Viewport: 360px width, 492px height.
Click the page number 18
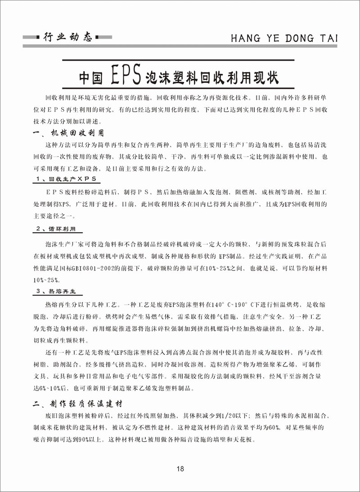pyautogui.click(x=180, y=469)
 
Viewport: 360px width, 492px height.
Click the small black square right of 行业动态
pyautogui.click(x=99, y=37)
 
